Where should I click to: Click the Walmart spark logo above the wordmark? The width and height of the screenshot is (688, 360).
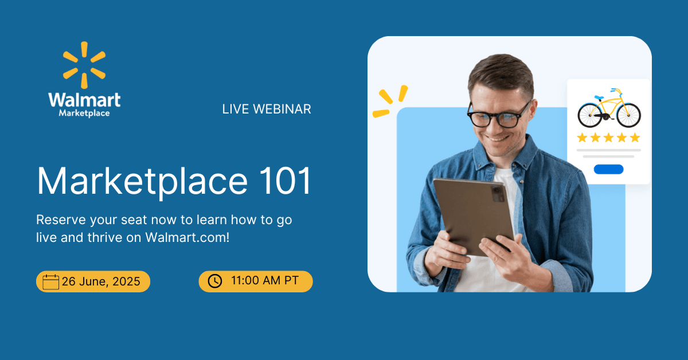click(x=84, y=65)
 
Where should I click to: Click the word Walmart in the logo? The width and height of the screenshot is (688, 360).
click(x=84, y=100)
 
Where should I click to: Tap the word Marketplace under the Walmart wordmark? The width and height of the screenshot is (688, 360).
click(x=84, y=113)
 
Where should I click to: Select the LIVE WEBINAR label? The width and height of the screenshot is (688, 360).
click(x=267, y=109)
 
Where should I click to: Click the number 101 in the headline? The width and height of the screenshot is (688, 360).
click(x=286, y=181)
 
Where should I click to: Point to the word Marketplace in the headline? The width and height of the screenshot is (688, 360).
click(x=142, y=182)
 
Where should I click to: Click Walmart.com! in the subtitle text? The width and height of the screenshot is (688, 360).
click(x=187, y=237)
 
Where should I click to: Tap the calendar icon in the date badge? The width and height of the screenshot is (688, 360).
click(x=50, y=281)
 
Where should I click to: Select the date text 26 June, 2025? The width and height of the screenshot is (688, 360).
click(x=101, y=281)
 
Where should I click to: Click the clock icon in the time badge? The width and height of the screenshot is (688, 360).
click(x=215, y=281)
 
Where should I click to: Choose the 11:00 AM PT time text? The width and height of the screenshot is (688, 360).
click(x=265, y=280)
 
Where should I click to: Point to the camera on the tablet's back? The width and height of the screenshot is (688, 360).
click(x=498, y=194)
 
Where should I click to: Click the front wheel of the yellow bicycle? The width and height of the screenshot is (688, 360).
click(x=628, y=115)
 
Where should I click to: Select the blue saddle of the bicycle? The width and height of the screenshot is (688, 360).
click(x=599, y=97)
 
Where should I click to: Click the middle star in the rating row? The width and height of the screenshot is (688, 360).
click(x=608, y=138)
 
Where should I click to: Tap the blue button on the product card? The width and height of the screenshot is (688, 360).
click(x=608, y=169)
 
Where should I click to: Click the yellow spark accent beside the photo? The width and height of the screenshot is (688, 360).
click(x=390, y=101)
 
